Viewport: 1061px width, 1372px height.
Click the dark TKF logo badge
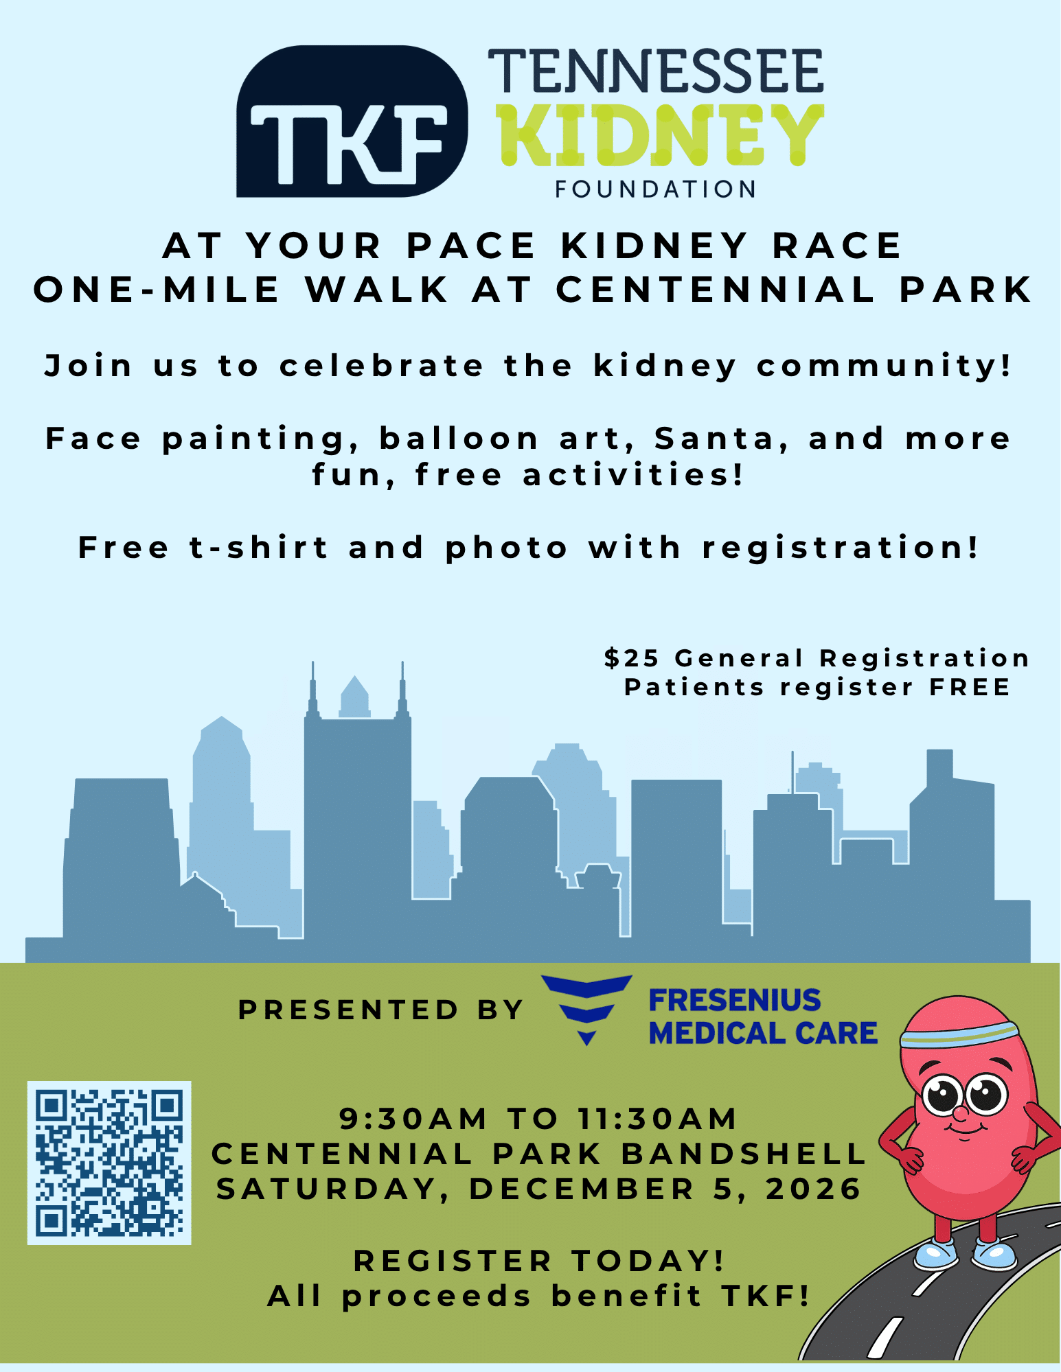point(352,121)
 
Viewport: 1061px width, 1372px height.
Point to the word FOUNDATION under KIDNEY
point(656,189)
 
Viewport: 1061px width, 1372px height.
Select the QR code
point(109,1163)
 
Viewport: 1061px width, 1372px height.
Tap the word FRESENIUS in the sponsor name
point(735,1000)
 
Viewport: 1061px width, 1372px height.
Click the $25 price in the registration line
point(632,658)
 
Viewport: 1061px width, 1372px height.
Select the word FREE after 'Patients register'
point(970,687)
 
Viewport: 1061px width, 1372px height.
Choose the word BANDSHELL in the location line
point(744,1154)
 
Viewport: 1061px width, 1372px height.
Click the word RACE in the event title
point(836,246)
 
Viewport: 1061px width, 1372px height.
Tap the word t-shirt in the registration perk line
point(259,548)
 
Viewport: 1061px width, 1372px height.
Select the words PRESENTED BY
point(381,1010)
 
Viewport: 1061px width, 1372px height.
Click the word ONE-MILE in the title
point(157,290)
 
